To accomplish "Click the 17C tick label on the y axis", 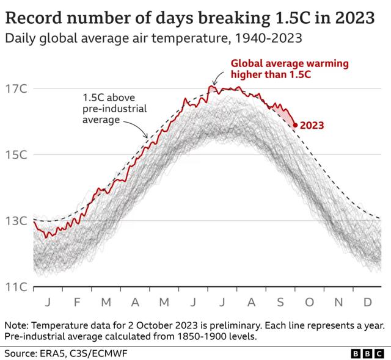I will pos(15,88).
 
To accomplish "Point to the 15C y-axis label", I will pos(15,154).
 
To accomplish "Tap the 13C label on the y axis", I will pos(15,221).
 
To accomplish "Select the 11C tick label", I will pos(15,287).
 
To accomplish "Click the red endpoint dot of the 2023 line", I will pos(295,125).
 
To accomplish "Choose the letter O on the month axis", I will pos(309,302).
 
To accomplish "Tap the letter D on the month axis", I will pos(368,302).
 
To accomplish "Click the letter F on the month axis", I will pos(77,302).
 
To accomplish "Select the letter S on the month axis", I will pos(280,302).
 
